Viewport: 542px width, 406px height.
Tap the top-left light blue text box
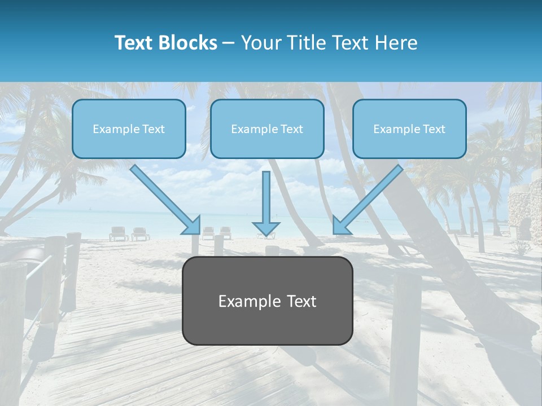(x=129, y=129)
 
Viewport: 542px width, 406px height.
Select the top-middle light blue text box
(x=267, y=129)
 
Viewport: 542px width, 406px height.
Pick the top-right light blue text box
(x=409, y=129)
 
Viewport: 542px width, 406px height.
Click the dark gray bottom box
(x=267, y=301)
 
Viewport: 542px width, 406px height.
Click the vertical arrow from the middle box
(x=266, y=200)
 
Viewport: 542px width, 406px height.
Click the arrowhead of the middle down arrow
(x=266, y=230)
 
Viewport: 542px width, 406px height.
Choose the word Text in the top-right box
(x=434, y=129)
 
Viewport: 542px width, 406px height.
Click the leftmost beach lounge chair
(x=119, y=233)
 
